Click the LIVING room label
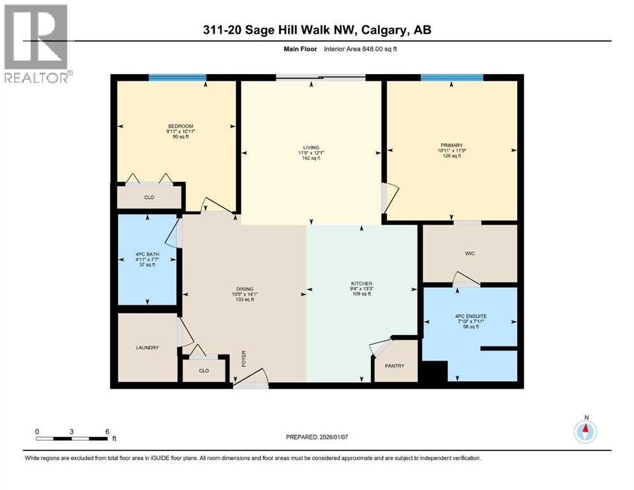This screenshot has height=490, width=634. pos(312,147)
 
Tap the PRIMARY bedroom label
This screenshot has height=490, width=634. pos(451,145)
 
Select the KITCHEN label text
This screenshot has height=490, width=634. pos(362,283)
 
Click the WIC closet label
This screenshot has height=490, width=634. pos(470,253)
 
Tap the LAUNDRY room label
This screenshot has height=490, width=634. pos(147,347)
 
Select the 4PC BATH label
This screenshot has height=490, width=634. pos(147,255)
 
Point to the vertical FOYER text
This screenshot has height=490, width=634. pos(243,359)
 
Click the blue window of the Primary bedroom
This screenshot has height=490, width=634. pos(451,78)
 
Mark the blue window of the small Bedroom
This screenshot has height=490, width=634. pos(177,78)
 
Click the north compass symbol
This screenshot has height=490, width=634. pos(585,432)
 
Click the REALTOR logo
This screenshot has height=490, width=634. pos(38,43)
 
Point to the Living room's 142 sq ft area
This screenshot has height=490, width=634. pos(312,158)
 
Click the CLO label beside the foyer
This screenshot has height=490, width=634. pos(204,370)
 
